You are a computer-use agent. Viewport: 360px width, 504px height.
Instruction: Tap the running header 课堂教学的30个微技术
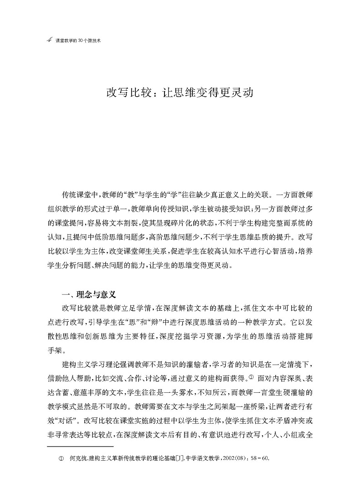point(77,41)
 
